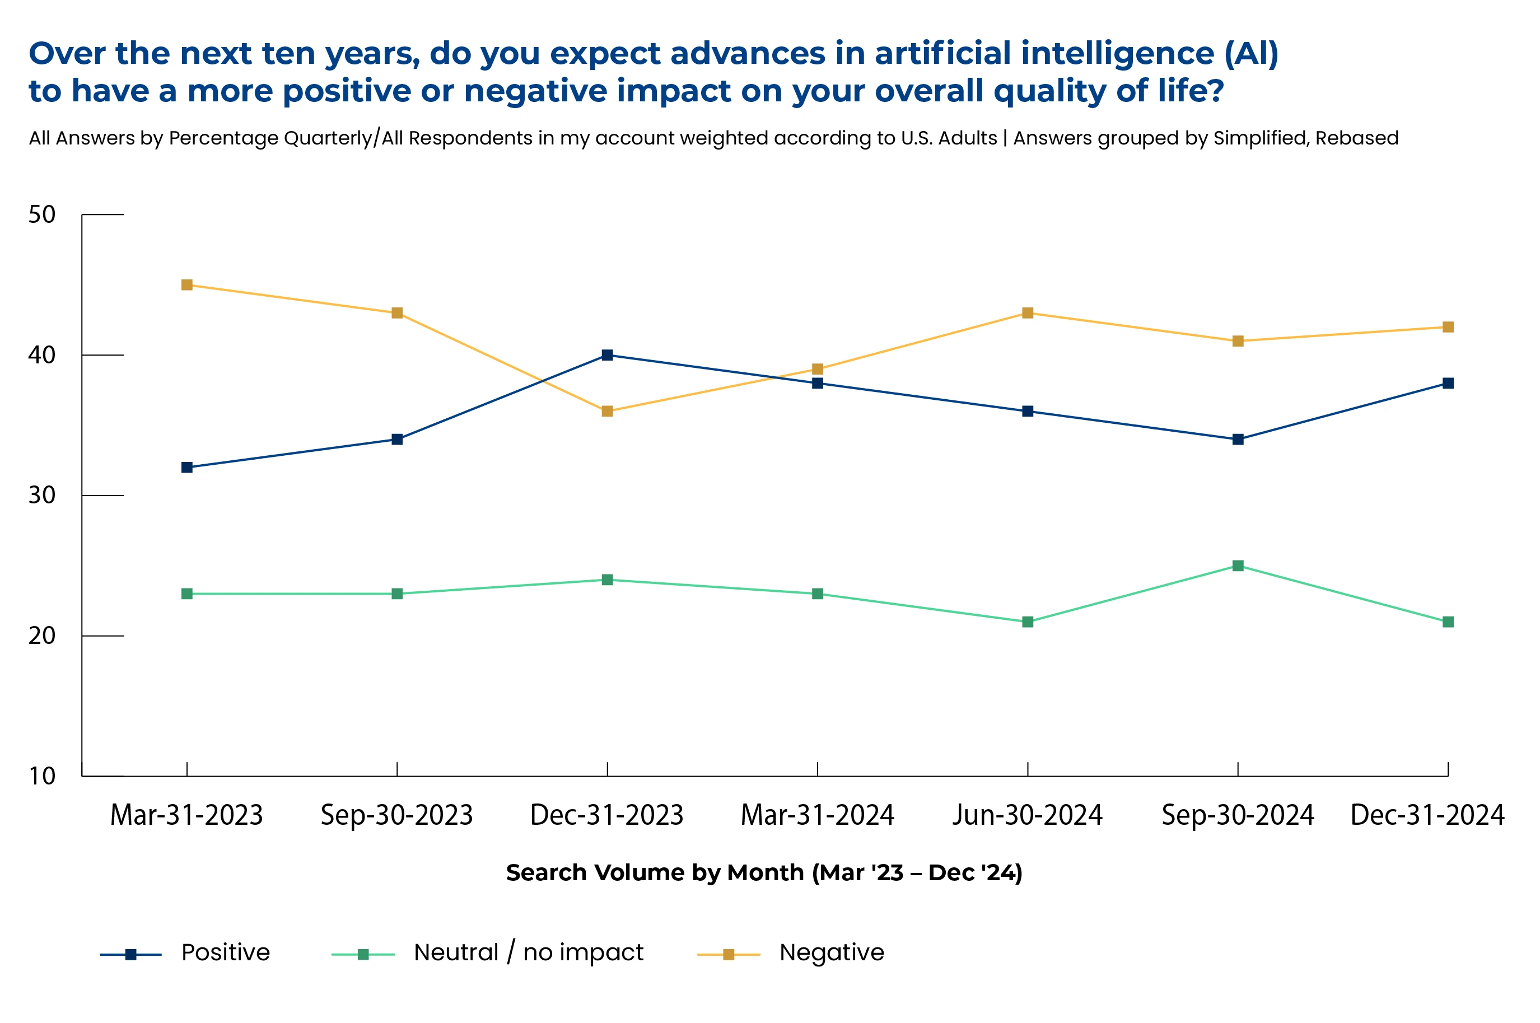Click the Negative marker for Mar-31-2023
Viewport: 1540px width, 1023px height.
coord(186,285)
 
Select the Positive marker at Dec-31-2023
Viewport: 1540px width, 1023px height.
coord(607,355)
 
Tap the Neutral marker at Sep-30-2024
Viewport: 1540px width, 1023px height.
coord(1238,566)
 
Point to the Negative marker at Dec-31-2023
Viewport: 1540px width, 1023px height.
coord(607,411)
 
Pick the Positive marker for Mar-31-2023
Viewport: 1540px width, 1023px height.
coord(186,467)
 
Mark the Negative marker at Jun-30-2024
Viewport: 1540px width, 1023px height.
coord(1028,313)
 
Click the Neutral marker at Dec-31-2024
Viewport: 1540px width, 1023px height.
coord(1448,622)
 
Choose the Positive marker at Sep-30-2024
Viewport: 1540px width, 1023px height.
coord(1238,439)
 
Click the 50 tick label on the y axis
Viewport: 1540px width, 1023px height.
coord(42,214)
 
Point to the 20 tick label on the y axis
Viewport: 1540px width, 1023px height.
coord(42,636)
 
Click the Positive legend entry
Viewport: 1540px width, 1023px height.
coord(225,952)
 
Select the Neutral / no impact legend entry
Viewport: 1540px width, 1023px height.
coord(528,952)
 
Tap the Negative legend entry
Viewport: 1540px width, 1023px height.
coord(832,952)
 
